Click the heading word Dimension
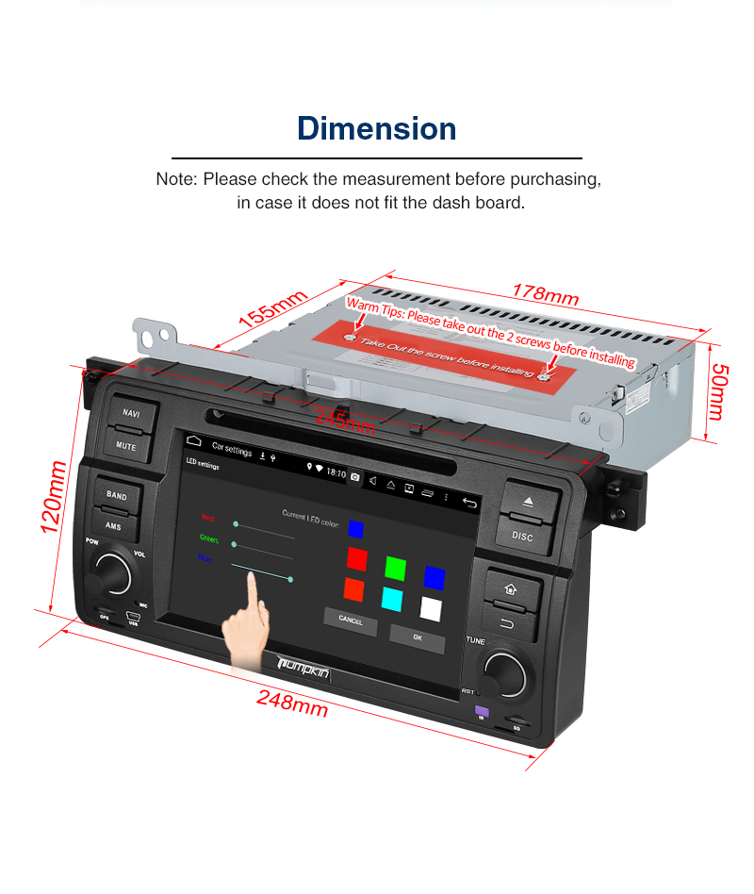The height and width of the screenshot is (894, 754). click(x=377, y=128)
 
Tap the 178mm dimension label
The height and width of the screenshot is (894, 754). click(x=545, y=293)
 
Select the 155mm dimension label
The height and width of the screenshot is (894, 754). click(x=273, y=309)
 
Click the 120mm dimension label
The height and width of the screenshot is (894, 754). click(x=55, y=497)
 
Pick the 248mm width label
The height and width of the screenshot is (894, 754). click(x=292, y=703)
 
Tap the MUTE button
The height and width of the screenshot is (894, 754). click(x=126, y=444)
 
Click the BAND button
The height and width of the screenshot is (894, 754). click(x=116, y=495)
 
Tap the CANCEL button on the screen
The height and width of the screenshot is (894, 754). click(x=350, y=621)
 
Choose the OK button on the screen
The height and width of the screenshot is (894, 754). click(x=417, y=637)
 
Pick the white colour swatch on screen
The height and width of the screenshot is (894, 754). click(x=431, y=609)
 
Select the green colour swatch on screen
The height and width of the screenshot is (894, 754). click(x=395, y=568)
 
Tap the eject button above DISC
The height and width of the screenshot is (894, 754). click(x=527, y=502)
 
